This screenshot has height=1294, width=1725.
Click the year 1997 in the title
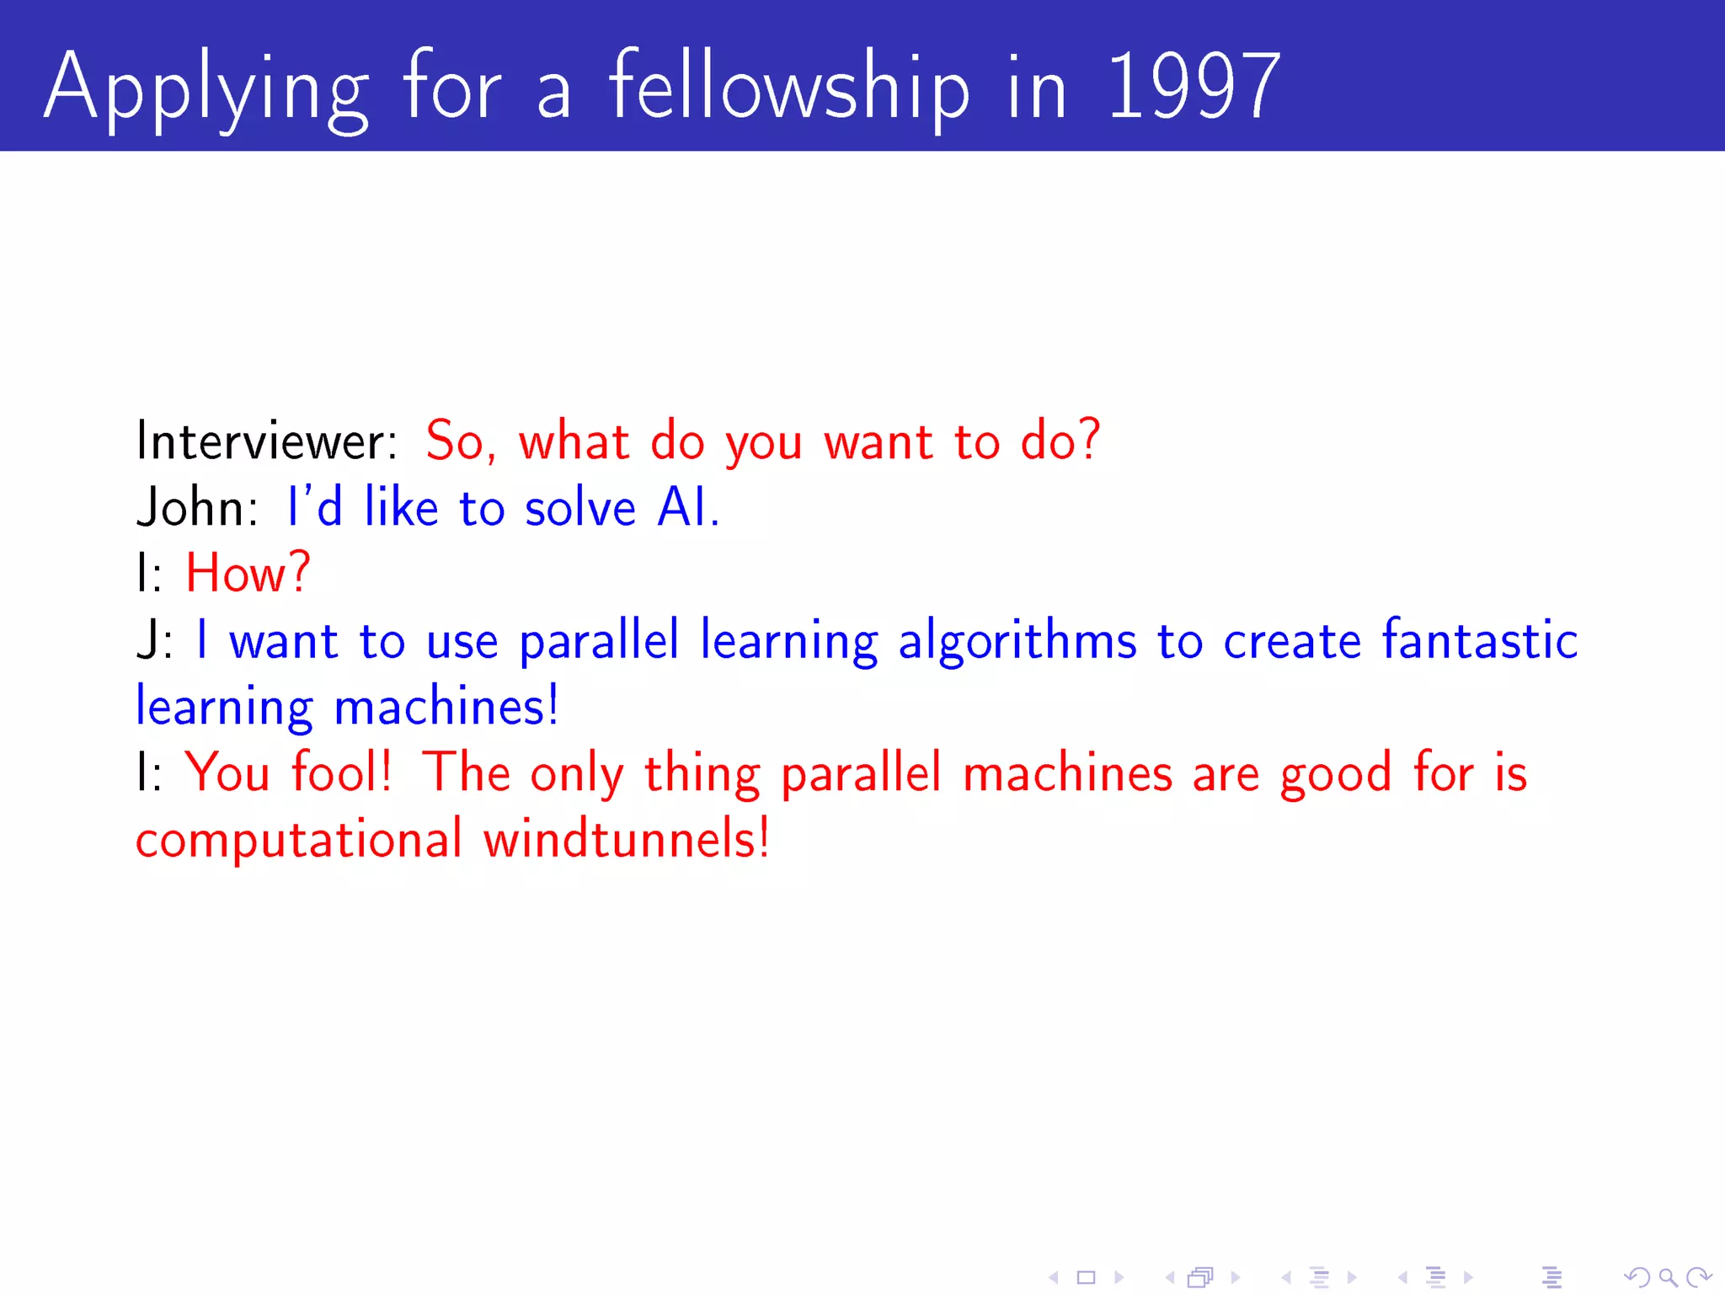tap(1193, 86)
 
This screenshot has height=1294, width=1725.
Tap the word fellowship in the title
tap(788, 86)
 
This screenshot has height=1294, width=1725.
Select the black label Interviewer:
tap(266, 441)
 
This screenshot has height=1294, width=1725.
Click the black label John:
tap(198, 508)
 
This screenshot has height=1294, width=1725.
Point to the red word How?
tap(248, 574)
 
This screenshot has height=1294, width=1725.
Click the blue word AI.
tap(687, 508)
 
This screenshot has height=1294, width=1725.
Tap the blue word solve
tap(579, 508)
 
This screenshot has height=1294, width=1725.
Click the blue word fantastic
tap(1479, 639)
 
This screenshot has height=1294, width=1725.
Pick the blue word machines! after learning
tap(446, 706)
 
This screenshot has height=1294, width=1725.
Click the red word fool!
tap(341, 772)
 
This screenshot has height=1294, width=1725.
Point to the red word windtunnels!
tap(626, 839)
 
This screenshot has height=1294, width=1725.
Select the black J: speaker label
tap(154, 640)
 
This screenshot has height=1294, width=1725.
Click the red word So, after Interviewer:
tap(460, 441)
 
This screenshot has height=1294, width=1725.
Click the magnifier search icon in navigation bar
tap(1668, 1277)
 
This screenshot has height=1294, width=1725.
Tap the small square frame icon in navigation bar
tap(1087, 1277)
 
